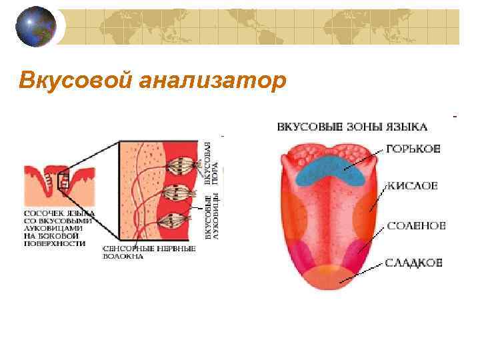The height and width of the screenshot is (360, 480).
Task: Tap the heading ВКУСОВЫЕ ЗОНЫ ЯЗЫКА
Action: coord(352,126)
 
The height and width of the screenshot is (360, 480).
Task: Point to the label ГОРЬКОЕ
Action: coord(413,150)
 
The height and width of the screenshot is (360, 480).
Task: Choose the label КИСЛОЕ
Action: coord(412,186)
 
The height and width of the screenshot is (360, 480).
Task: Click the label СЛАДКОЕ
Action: coord(414,263)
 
